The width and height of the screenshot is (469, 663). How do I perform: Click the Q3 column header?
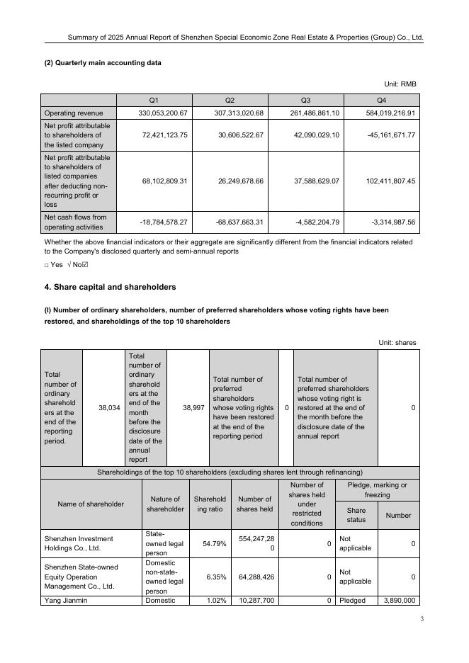[x=306, y=100]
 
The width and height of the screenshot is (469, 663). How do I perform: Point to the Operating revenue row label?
[x=74, y=113]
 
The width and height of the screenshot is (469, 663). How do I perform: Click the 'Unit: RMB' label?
[x=400, y=84]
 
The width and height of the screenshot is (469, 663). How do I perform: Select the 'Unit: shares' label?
[x=397, y=343]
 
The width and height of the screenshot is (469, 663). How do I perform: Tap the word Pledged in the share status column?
[x=352, y=601]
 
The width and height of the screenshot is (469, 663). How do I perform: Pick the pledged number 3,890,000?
[x=400, y=601]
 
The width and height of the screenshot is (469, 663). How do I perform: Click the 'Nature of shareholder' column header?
[x=165, y=504]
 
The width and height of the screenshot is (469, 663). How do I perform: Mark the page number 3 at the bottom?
[x=422, y=620]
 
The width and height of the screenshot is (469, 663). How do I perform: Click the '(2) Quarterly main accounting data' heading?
[x=103, y=63]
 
